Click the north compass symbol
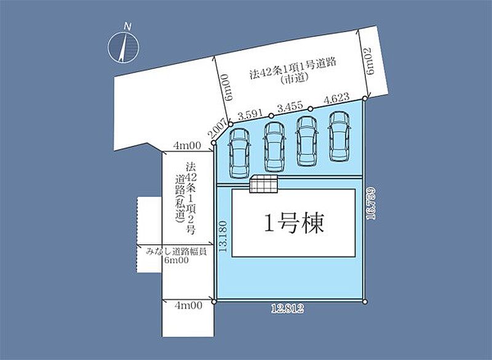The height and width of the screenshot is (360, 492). (x=124, y=47)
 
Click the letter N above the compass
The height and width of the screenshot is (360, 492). (x=127, y=26)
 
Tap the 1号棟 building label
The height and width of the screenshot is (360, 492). (x=293, y=224)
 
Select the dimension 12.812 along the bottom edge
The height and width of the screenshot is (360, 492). (x=287, y=309)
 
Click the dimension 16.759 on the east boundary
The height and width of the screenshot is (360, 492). (x=371, y=203)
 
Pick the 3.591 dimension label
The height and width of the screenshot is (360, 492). (x=250, y=115)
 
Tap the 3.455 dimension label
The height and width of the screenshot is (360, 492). (x=290, y=106)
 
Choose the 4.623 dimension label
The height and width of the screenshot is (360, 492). (x=336, y=98)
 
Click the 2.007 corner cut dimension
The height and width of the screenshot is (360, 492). (x=218, y=129)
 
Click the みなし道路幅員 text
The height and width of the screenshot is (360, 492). (x=177, y=252)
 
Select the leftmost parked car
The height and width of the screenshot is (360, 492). (x=239, y=153)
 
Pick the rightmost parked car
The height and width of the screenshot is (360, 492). (x=339, y=137)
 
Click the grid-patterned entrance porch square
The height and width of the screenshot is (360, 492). (x=264, y=184)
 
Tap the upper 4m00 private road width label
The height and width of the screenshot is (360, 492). (x=187, y=146)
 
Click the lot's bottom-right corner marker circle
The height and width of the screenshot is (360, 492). (x=365, y=302)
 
